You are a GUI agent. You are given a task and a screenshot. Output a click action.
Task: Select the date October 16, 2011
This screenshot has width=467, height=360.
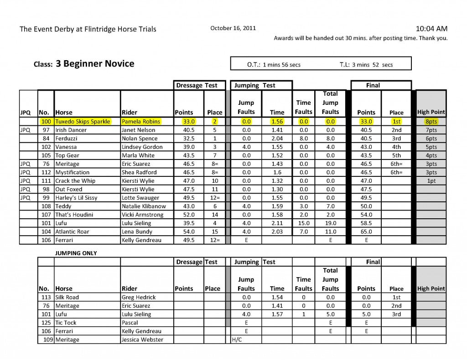point(233,28)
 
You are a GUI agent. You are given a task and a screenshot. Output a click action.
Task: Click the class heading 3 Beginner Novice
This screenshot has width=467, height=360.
point(95,64)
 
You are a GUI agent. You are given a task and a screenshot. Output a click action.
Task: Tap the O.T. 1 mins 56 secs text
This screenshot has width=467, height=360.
point(274,65)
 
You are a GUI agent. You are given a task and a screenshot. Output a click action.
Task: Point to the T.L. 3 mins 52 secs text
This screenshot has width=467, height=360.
point(366,65)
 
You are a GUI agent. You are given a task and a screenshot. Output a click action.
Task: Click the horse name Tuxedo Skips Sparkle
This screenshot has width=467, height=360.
point(83,122)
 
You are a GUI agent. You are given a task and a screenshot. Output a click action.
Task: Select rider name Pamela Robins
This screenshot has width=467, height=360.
point(140,122)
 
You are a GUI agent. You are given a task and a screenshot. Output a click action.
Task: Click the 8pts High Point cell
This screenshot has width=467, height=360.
point(431,122)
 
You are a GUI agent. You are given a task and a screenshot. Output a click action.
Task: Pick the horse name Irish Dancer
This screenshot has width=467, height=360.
point(71,130)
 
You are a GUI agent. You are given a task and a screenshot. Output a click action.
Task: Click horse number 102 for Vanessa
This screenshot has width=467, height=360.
point(46,147)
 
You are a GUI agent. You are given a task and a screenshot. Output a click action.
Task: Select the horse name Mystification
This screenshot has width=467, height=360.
point(73,173)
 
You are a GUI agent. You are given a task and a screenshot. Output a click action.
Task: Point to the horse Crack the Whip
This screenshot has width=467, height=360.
point(75,181)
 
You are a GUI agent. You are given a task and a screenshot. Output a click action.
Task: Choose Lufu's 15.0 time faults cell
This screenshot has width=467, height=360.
point(303,223)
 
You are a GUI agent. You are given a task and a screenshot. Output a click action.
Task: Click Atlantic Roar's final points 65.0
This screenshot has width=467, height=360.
point(366,232)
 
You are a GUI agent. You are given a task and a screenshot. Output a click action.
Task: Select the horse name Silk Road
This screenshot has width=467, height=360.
point(67,297)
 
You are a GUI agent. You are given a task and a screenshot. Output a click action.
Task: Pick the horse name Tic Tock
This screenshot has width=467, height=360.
point(66,323)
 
